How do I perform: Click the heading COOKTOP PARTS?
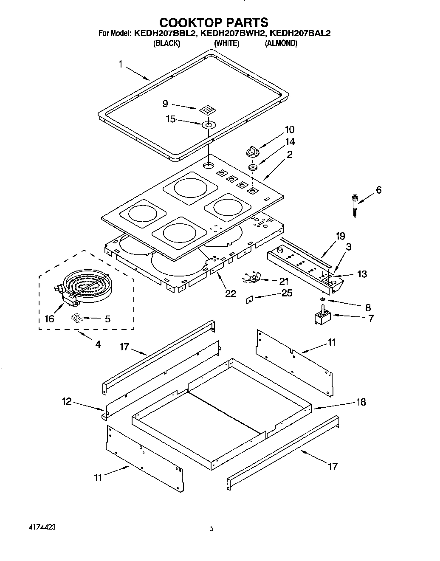click(x=213, y=22)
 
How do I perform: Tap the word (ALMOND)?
click(x=281, y=43)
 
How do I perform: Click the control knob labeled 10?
click(x=252, y=151)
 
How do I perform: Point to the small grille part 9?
click(x=206, y=110)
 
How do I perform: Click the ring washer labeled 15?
click(x=209, y=124)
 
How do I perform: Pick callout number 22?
click(x=231, y=293)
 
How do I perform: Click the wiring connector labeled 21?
click(x=254, y=279)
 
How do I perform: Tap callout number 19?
click(x=340, y=236)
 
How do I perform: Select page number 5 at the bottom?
click(x=211, y=529)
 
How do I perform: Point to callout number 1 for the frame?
click(x=120, y=64)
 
